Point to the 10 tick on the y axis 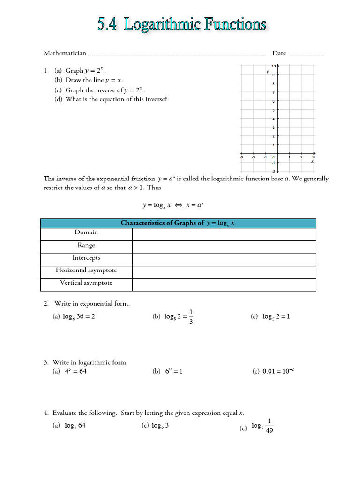(273, 66)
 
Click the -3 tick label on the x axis (241, 157)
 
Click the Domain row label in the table (86, 232)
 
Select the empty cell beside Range (224, 245)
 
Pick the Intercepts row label (86, 258)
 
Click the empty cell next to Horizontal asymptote (224, 270)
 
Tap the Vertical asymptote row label (86, 283)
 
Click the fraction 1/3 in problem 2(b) (191, 317)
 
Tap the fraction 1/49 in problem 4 (269, 426)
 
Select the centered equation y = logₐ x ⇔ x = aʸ (173, 205)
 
